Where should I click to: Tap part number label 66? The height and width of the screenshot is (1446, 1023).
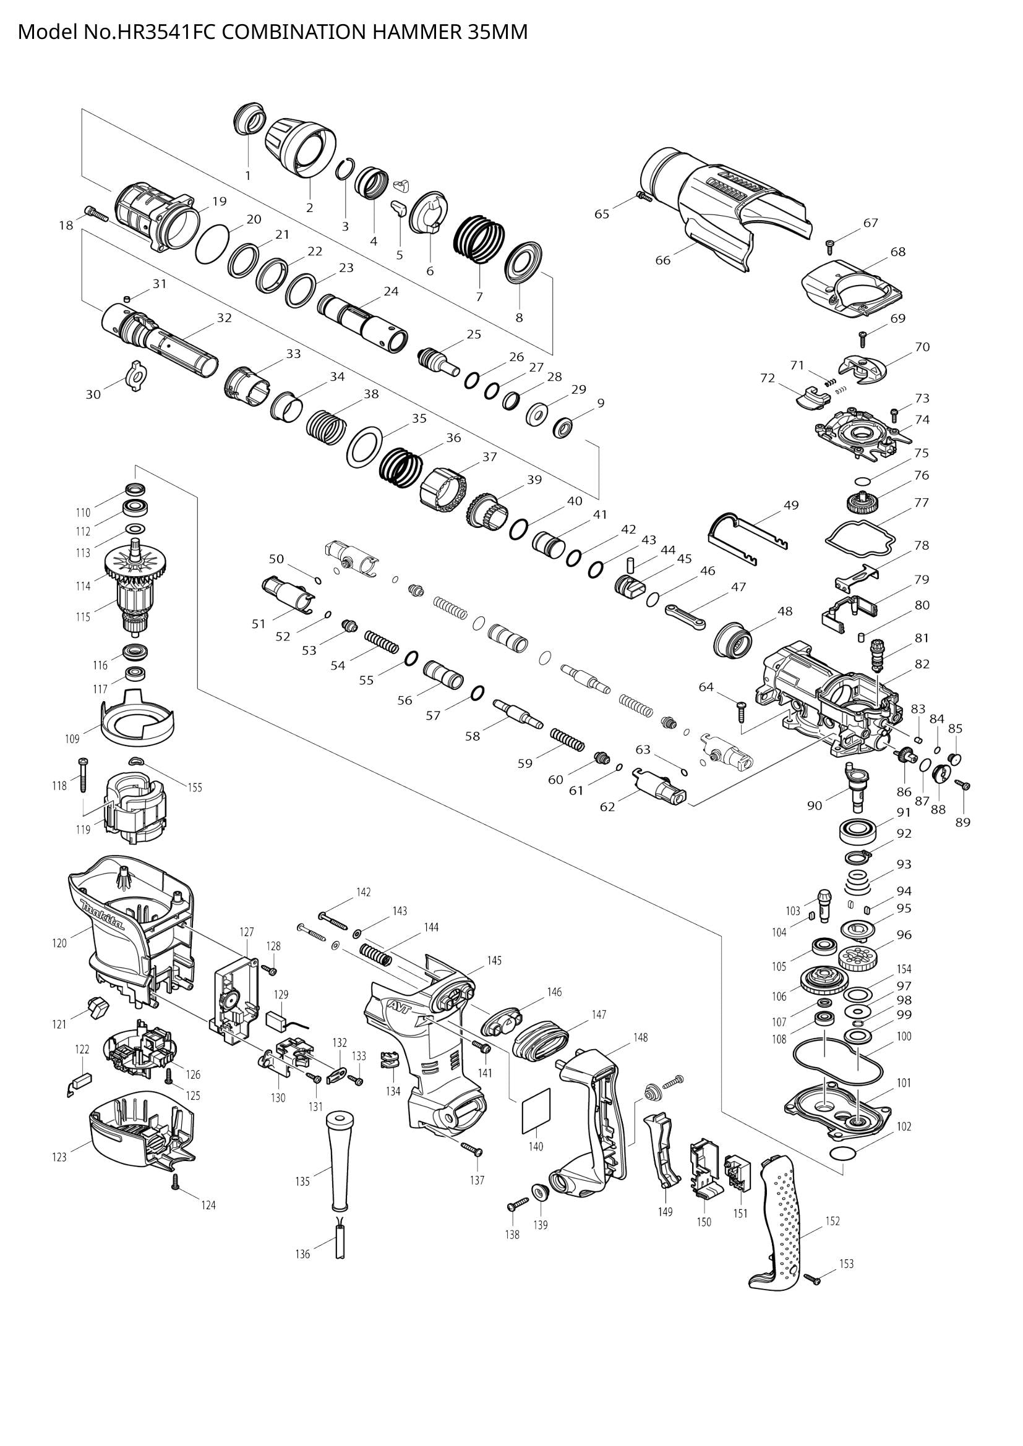pos(662,260)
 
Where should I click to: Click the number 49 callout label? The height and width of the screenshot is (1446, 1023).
pos(791,505)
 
